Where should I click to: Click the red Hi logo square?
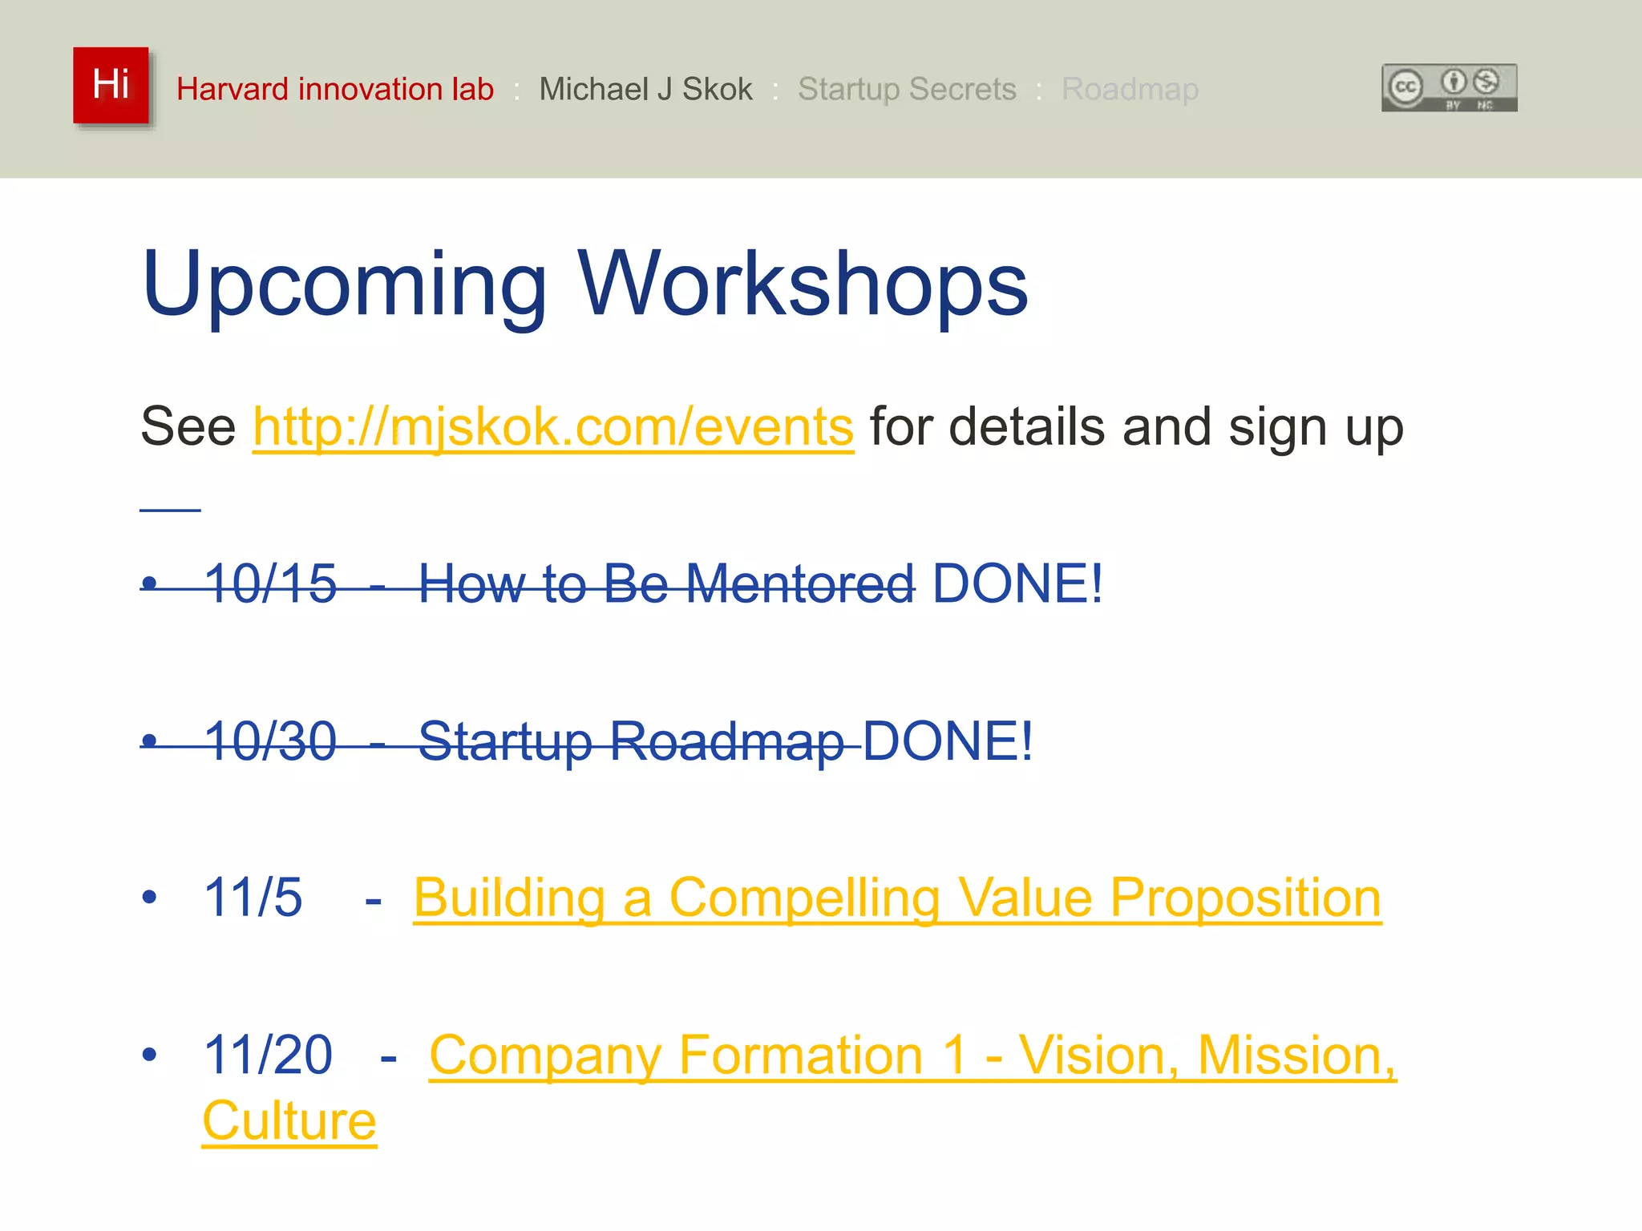(x=111, y=86)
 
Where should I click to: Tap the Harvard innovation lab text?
(x=335, y=89)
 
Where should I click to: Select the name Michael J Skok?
(x=645, y=89)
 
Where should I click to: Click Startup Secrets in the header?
(x=907, y=89)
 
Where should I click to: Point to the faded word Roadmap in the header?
(x=1130, y=89)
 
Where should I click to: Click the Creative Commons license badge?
(x=1449, y=88)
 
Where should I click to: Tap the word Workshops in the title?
(x=803, y=285)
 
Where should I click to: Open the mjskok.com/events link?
(x=553, y=426)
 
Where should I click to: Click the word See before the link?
(x=188, y=426)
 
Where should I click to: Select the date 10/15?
(x=270, y=583)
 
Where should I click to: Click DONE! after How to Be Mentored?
(x=1017, y=583)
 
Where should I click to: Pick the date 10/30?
(x=270, y=741)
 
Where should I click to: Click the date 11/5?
(x=253, y=897)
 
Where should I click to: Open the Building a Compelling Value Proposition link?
(x=897, y=898)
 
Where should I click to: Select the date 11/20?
(x=268, y=1055)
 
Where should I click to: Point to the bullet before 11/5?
(x=149, y=897)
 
